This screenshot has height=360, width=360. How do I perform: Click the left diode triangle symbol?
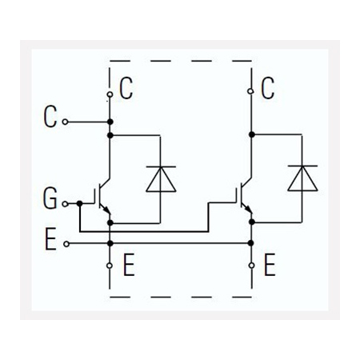161,179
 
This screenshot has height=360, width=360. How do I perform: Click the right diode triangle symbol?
302,178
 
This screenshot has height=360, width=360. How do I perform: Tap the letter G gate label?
50,198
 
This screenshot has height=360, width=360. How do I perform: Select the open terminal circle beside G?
65,204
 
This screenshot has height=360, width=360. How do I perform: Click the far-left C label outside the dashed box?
50,116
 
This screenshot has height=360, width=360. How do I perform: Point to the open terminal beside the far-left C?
65,122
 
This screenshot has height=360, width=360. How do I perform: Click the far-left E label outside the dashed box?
50,238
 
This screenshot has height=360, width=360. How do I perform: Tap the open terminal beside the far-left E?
66,244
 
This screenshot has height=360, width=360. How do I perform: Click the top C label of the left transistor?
126,88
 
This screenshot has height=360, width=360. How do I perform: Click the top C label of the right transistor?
267,88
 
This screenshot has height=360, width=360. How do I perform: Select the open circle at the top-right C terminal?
250,91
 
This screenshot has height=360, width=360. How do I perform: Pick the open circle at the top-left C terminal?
110,94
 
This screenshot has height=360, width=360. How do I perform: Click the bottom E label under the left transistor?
129,265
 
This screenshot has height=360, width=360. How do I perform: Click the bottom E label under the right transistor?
270,265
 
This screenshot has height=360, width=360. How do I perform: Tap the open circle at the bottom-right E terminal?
251,266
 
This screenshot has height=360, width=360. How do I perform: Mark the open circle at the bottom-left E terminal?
110,266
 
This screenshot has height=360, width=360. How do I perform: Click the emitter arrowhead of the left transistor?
107,210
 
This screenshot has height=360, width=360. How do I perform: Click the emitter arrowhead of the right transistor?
249,210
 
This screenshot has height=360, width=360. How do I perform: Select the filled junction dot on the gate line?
79,204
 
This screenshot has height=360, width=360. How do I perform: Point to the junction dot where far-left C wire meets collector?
110,122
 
